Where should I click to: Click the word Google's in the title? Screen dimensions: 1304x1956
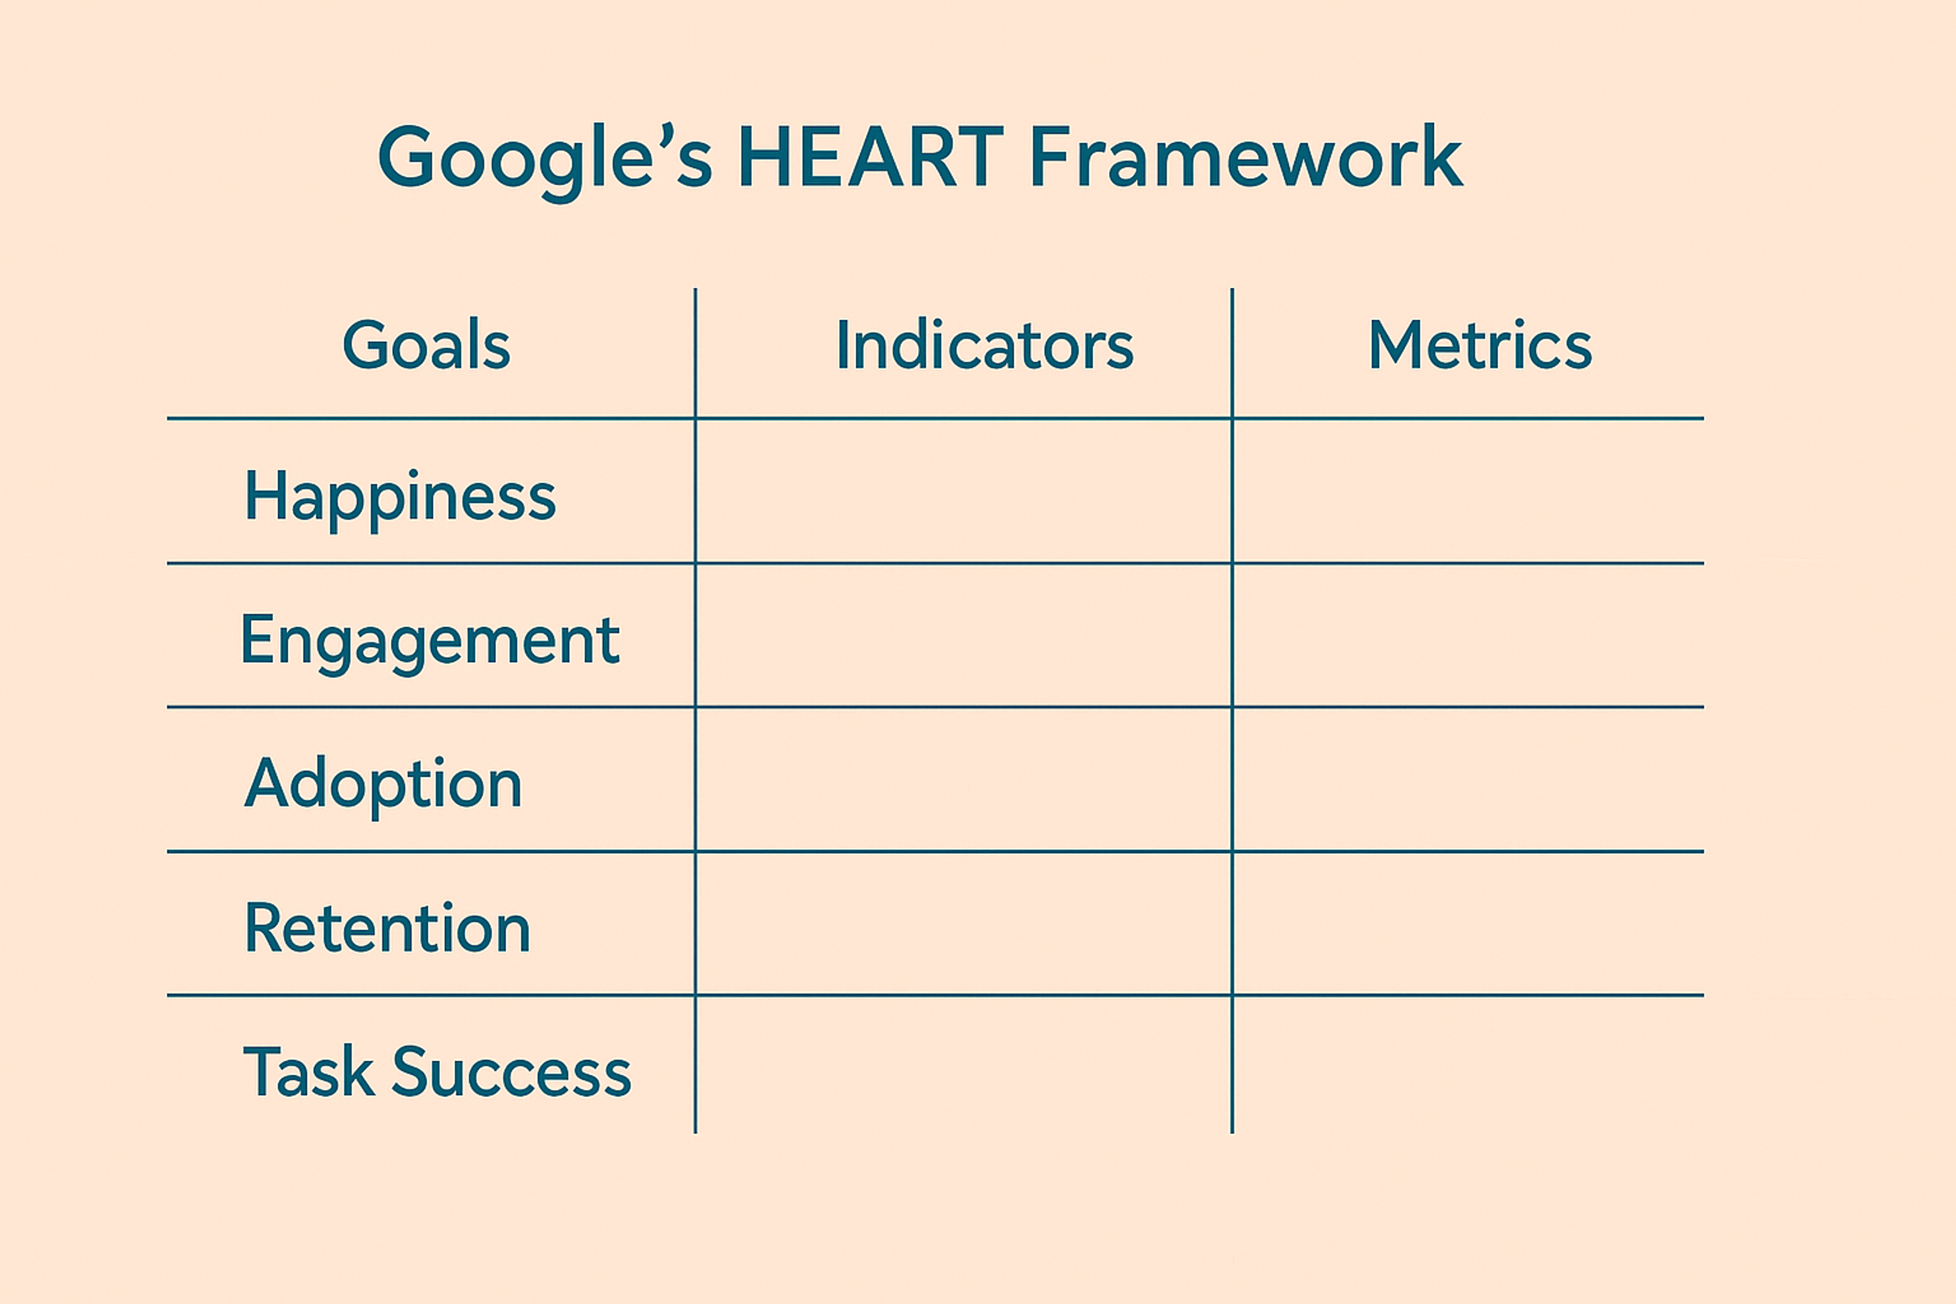545,158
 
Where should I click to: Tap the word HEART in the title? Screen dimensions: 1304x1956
871,158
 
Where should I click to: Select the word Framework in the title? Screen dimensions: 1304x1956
1245,158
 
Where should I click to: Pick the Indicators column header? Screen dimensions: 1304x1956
985,345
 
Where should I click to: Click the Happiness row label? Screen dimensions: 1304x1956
400,497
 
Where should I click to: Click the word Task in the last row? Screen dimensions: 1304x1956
308,1072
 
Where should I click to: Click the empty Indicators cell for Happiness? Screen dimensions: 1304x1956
963,491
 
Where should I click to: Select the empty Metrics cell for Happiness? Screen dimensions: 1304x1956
1468,491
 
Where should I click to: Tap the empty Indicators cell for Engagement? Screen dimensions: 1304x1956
963,635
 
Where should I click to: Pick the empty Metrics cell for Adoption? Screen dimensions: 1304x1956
1468,779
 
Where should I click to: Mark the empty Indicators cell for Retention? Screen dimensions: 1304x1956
963,923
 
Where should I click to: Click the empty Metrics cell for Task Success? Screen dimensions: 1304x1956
1468,1065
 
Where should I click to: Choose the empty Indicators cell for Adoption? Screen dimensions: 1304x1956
963,779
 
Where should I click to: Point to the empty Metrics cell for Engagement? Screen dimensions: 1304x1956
1468,635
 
